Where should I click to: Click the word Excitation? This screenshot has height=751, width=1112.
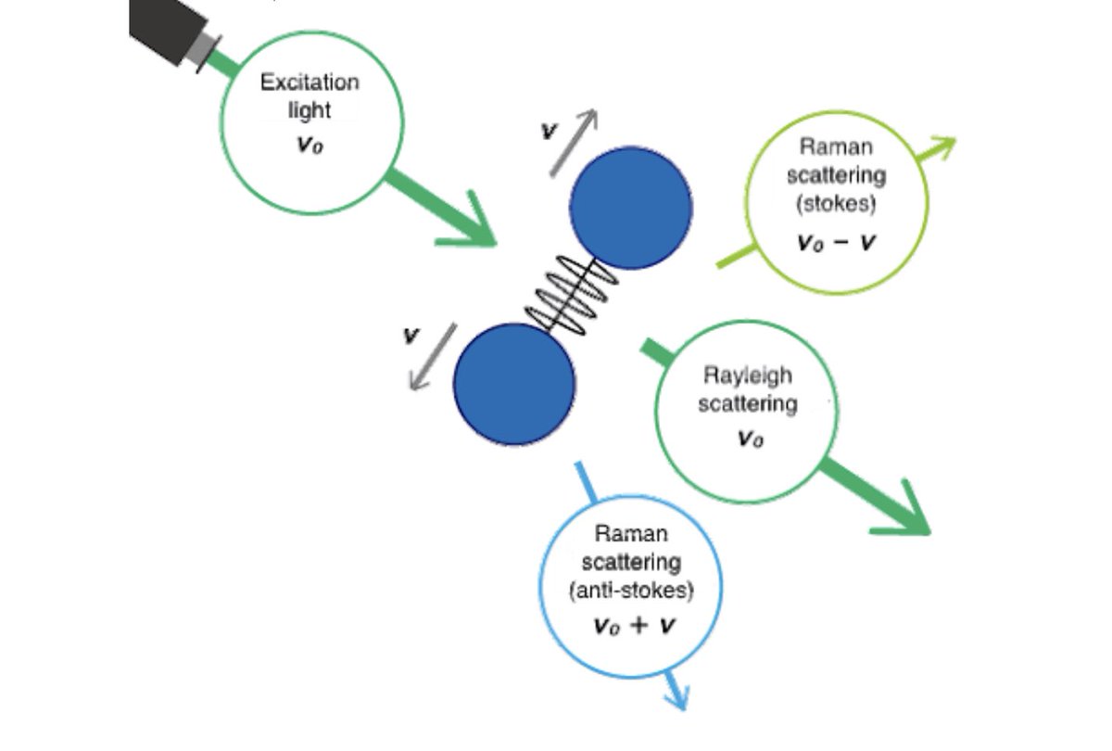(x=309, y=83)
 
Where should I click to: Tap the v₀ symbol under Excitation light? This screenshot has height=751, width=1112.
(x=310, y=147)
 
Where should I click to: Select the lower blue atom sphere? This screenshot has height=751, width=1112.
(x=513, y=384)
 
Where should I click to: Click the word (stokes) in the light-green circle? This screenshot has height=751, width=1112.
(x=837, y=202)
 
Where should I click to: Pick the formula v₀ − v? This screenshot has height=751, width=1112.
(x=837, y=243)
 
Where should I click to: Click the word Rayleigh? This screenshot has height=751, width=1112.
(x=748, y=376)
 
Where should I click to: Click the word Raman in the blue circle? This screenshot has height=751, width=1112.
(x=632, y=535)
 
